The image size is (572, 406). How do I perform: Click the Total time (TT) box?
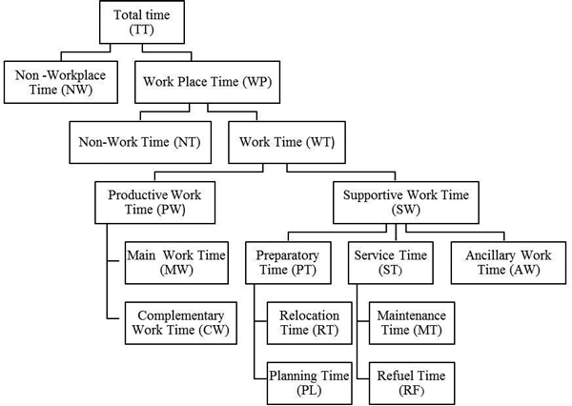142,22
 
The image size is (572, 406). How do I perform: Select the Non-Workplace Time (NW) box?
61,82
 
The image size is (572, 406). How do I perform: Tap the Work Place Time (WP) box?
207,82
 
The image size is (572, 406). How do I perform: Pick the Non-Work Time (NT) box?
140,142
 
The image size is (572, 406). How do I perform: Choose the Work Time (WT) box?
287,142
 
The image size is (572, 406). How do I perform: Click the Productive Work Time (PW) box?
155,202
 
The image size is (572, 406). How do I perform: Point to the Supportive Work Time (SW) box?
406,202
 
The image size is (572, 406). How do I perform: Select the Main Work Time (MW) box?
176,263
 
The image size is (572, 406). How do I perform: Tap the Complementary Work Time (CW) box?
181,323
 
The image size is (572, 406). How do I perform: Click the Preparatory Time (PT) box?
288,263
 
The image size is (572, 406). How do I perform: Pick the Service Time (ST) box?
391,263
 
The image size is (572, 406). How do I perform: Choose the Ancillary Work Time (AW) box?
508,263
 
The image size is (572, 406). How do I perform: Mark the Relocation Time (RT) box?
309,323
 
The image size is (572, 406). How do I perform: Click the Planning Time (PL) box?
309,383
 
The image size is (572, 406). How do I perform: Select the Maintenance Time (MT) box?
412,323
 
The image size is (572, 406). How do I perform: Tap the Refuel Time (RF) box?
412,383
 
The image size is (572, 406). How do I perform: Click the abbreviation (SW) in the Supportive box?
406,210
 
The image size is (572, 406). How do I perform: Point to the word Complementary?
181,315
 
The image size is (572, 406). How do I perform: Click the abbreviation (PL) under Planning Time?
309,391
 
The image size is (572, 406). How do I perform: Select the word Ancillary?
489,255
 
